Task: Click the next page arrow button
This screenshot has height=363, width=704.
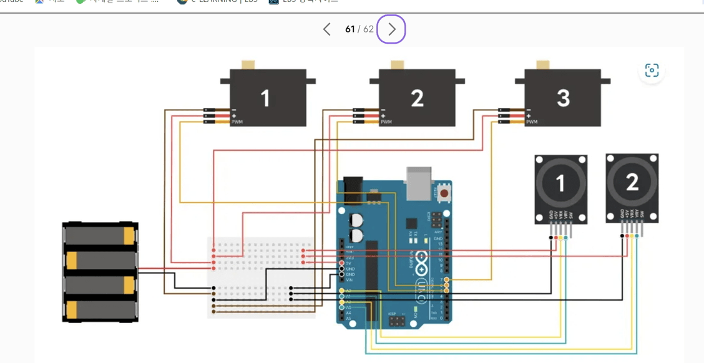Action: tap(391, 29)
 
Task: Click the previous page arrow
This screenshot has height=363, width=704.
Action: tap(326, 29)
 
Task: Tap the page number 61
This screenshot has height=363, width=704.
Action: tap(350, 29)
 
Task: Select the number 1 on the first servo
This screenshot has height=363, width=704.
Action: tap(265, 98)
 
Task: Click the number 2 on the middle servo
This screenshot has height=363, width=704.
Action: tap(417, 98)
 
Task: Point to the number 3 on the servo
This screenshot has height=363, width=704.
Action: tap(563, 98)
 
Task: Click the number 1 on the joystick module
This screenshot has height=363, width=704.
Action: tap(560, 183)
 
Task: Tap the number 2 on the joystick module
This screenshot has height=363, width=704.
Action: tap(632, 182)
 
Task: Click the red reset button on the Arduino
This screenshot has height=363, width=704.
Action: tap(444, 193)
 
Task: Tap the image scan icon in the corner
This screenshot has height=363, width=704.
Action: tap(652, 70)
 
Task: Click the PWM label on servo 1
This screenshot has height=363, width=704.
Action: tap(237, 122)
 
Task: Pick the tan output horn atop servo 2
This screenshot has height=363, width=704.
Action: tap(396, 65)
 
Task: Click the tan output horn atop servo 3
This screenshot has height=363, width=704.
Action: tap(542, 65)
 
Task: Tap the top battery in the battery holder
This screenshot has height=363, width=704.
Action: tap(100, 236)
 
